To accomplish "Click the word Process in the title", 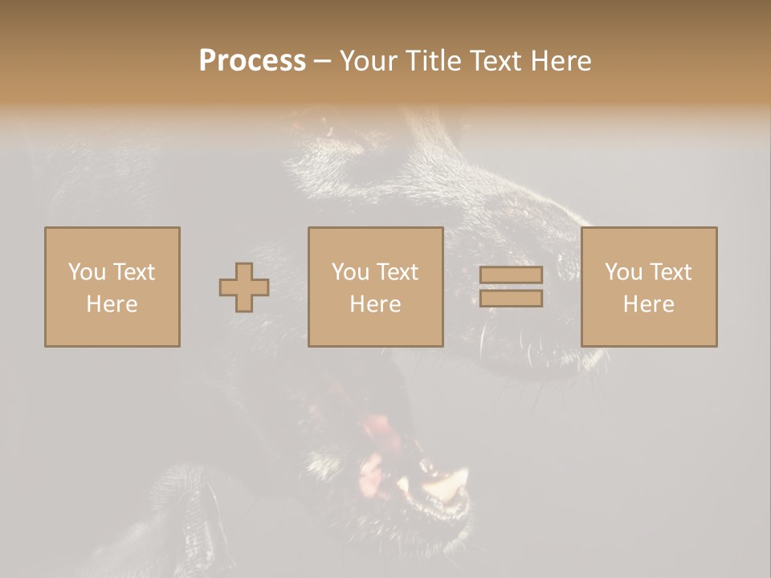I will click(x=252, y=61).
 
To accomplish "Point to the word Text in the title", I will click(x=498, y=61).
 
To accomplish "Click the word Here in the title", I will click(x=562, y=61).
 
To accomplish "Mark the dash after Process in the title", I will click(x=323, y=62).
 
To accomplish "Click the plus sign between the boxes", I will click(x=244, y=287).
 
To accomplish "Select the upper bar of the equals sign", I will click(x=511, y=275).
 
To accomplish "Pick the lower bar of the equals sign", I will click(x=511, y=299).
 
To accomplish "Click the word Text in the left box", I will click(x=133, y=272).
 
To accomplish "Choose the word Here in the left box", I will click(x=112, y=304).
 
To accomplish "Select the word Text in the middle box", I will click(x=397, y=272).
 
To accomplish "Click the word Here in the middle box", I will click(x=375, y=304).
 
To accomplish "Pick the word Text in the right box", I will click(x=670, y=272).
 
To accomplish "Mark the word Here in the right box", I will click(x=648, y=304).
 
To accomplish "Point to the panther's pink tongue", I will click(x=377, y=429).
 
